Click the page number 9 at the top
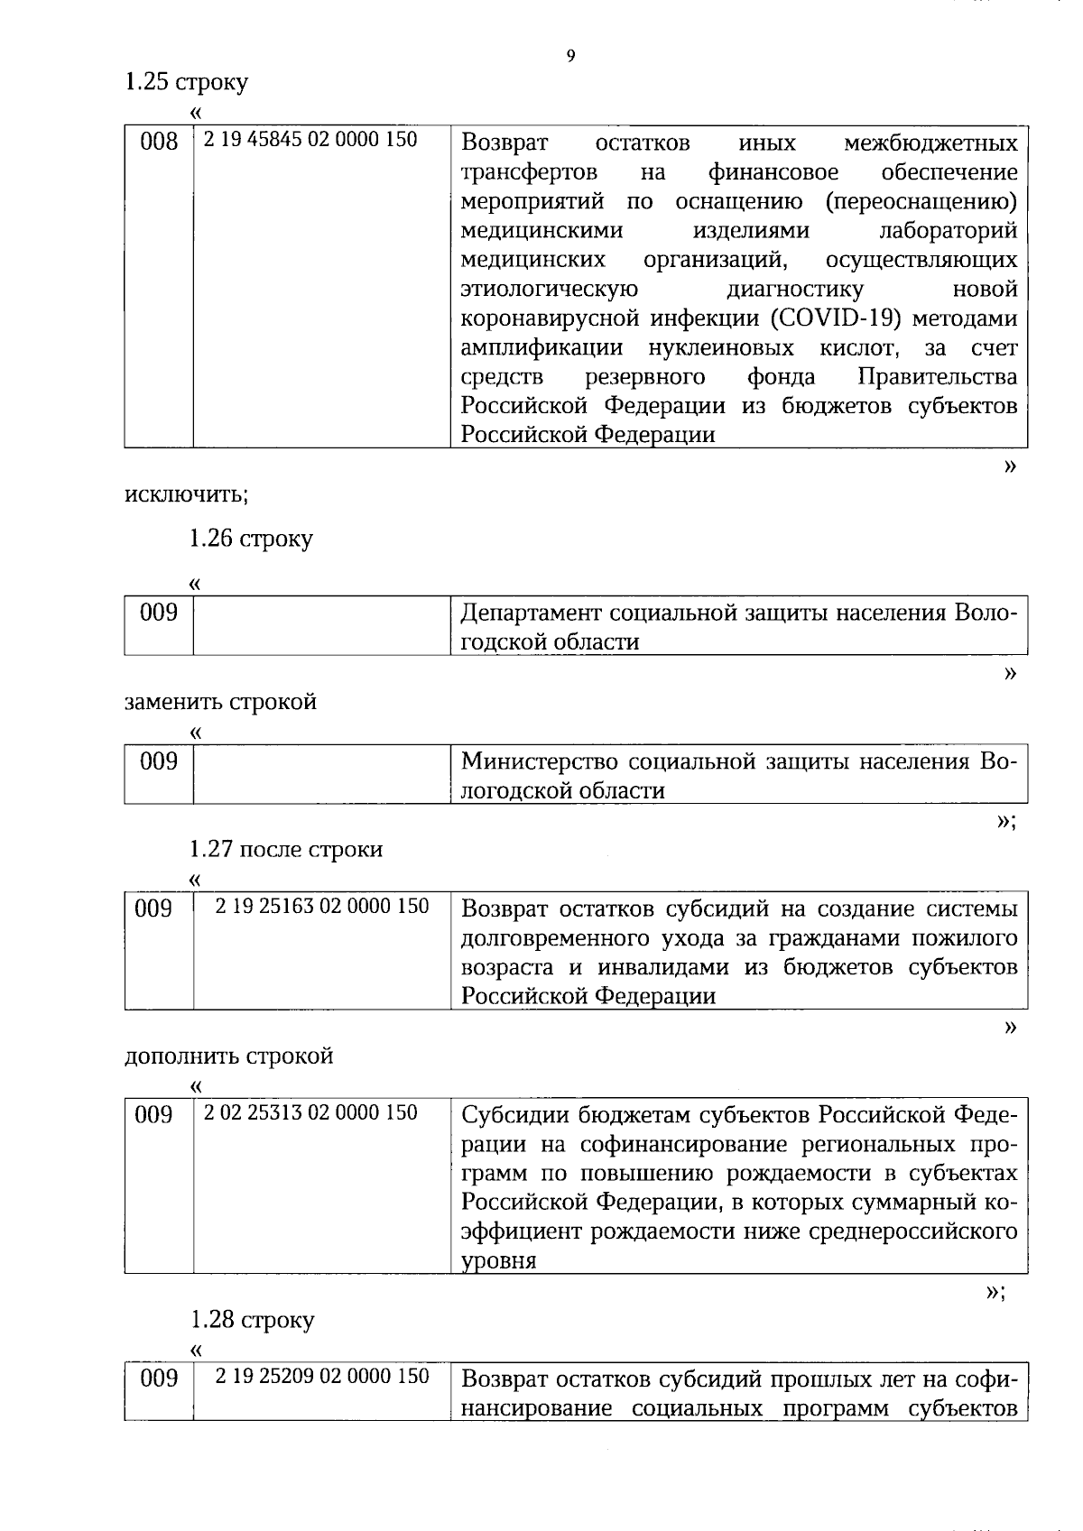pyautogui.click(x=569, y=56)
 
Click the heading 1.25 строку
pyautogui.click(x=186, y=82)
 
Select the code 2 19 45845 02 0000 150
pyautogui.click(x=310, y=140)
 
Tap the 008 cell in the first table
pyautogui.click(x=159, y=142)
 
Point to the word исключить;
pyautogui.click(x=186, y=494)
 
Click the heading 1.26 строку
pyautogui.click(x=250, y=539)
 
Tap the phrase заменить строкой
pyautogui.click(x=220, y=702)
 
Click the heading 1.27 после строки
pyautogui.click(x=285, y=849)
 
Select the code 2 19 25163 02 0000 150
pyautogui.click(x=321, y=906)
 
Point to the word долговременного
pyautogui.click(x=550, y=938)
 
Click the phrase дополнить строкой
pyautogui.click(x=228, y=1056)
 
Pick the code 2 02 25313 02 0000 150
pyautogui.click(x=310, y=1112)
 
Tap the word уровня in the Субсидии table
pyautogui.click(x=498, y=1261)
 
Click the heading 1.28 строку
pyautogui.click(x=252, y=1320)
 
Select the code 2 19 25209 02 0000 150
pyautogui.click(x=321, y=1376)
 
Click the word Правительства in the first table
pyautogui.click(x=938, y=376)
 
